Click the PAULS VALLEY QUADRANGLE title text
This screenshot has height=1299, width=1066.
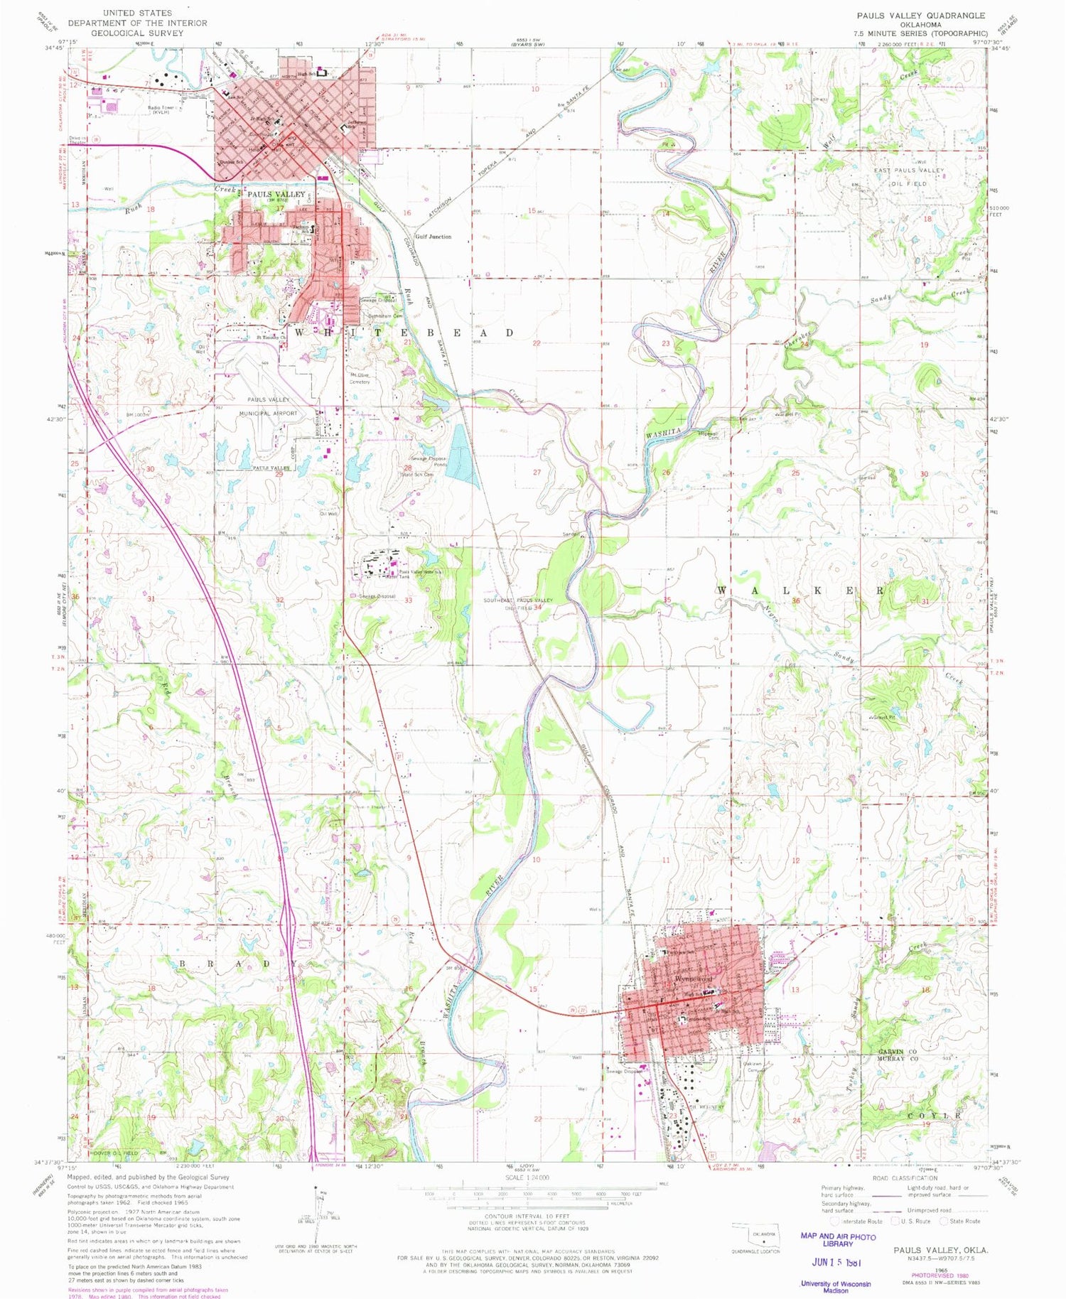pos(920,15)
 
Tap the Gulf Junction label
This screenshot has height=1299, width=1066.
pos(434,237)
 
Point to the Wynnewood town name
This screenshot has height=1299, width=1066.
pos(693,979)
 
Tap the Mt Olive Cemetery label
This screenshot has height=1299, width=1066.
pos(360,378)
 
